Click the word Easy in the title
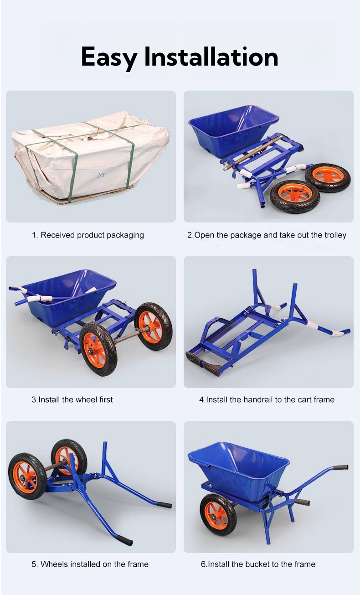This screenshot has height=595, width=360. click(x=109, y=57)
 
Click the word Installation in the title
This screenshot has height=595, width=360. click(x=211, y=57)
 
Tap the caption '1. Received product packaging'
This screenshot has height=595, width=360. click(x=87, y=235)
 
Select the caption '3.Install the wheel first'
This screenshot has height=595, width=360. click(x=72, y=400)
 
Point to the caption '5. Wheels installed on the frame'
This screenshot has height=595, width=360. click(x=90, y=564)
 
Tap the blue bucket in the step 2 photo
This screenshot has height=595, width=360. click(x=232, y=125)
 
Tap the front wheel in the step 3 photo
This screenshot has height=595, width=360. click(x=98, y=349)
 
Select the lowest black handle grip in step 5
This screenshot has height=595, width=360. click(x=124, y=541)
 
